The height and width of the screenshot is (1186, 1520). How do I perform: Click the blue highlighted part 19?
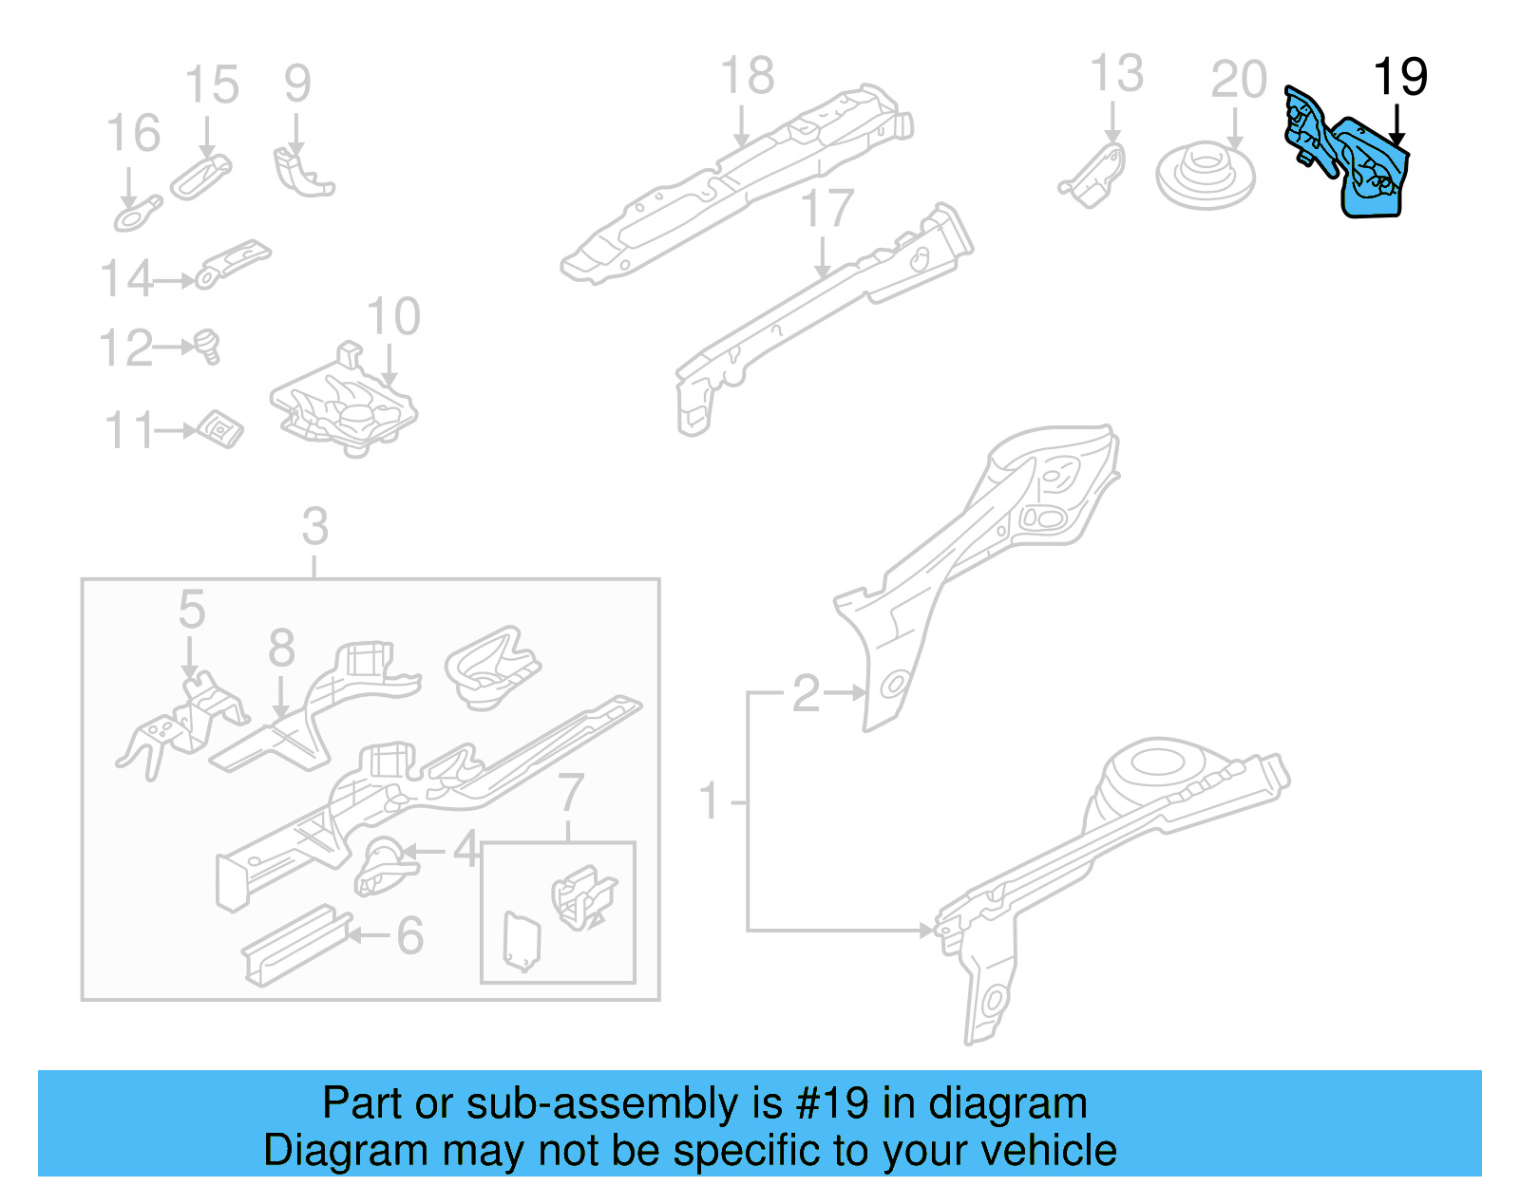[1368, 171]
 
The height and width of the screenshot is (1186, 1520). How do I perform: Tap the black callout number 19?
[1400, 77]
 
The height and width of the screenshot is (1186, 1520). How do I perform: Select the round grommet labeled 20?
[1205, 176]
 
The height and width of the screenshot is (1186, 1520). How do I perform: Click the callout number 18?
[747, 76]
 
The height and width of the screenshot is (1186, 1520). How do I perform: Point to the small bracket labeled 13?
[1095, 176]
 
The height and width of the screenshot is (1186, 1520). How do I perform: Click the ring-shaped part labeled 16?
[137, 215]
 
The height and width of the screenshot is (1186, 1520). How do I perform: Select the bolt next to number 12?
[208, 345]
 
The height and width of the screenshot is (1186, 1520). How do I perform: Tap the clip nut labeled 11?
[221, 429]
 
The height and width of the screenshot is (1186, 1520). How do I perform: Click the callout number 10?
[393, 316]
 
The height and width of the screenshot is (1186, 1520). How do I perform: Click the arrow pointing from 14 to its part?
[175, 281]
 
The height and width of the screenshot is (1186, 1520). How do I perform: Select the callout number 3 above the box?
[314, 526]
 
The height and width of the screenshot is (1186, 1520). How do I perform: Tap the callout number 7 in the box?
[570, 792]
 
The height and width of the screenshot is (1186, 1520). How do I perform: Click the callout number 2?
[806, 693]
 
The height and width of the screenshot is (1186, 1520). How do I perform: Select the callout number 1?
[710, 800]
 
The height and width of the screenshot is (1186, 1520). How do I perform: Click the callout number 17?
[826, 209]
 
